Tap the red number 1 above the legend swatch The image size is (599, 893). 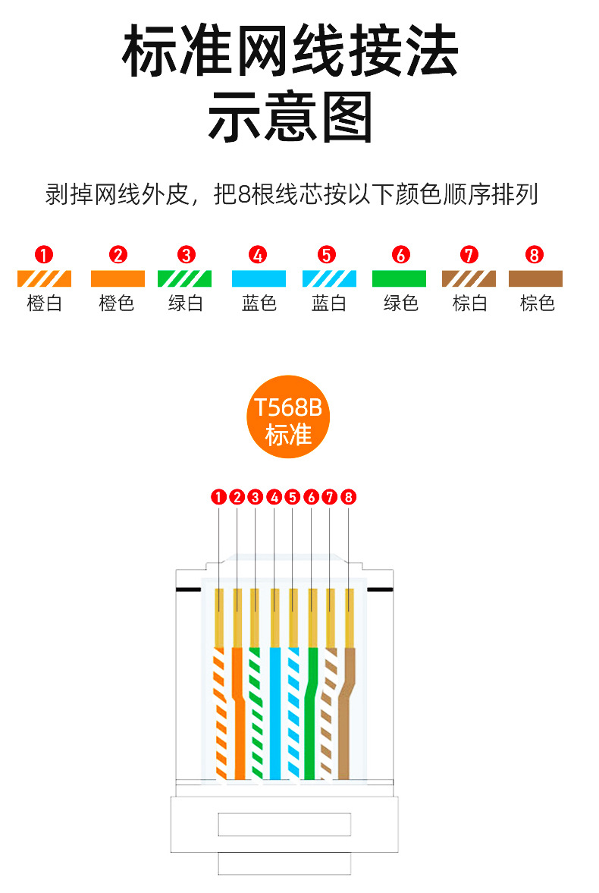coord(45,254)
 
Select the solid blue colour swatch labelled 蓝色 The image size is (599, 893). coord(258,278)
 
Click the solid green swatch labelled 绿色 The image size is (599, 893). coord(399,278)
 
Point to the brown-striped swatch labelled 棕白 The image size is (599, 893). coord(469,278)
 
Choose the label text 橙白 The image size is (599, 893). coord(45,303)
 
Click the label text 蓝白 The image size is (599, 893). coord(328,303)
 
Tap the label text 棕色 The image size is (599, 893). coord(537,303)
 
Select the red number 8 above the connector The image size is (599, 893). coord(348,497)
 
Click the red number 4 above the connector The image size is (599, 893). coord(274,497)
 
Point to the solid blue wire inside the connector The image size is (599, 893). coord(274,713)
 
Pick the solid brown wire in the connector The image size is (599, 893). coord(346,713)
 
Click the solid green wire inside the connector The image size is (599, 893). coord(309,713)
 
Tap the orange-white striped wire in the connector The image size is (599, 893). coord(219,713)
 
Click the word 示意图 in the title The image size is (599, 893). coord(290,118)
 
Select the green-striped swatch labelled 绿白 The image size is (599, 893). coord(185,278)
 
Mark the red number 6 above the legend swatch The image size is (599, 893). coord(400,254)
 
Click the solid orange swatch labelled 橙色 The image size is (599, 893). coord(117,278)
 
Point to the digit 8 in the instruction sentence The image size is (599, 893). coord(243,195)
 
